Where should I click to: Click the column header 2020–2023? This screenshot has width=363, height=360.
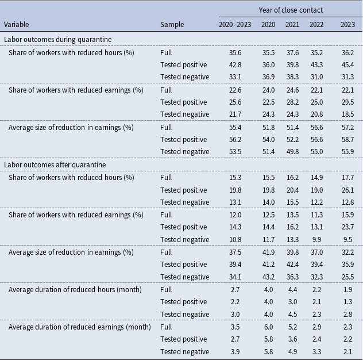point(235,24)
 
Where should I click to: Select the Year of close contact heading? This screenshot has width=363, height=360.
point(291,10)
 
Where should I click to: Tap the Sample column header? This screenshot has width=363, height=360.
point(172,24)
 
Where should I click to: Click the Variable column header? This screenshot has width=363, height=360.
point(17,24)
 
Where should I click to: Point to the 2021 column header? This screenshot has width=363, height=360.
point(292,24)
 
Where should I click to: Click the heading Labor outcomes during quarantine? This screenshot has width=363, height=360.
point(57,40)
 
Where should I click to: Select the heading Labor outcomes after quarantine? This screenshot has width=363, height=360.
point(55,165)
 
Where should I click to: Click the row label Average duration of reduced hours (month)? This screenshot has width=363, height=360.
point(75,289)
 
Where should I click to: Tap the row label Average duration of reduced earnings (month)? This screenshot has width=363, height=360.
point(80,327)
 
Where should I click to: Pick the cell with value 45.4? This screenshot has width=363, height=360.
point(347,64)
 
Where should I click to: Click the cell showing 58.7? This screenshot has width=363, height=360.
point(347,140)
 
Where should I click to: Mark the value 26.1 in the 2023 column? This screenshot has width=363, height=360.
point(347,190)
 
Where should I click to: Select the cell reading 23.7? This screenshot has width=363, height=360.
point(347,227)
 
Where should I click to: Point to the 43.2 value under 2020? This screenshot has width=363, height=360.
point(269,277)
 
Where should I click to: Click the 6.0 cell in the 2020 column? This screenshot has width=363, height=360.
point(269,327)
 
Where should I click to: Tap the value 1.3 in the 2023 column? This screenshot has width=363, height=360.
point(347,301)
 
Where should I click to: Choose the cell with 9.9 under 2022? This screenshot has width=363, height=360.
point(316,239)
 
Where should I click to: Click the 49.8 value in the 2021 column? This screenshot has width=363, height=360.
point(292,152)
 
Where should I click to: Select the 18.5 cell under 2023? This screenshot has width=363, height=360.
point(347,114)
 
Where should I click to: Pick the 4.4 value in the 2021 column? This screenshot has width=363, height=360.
point(292,289)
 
